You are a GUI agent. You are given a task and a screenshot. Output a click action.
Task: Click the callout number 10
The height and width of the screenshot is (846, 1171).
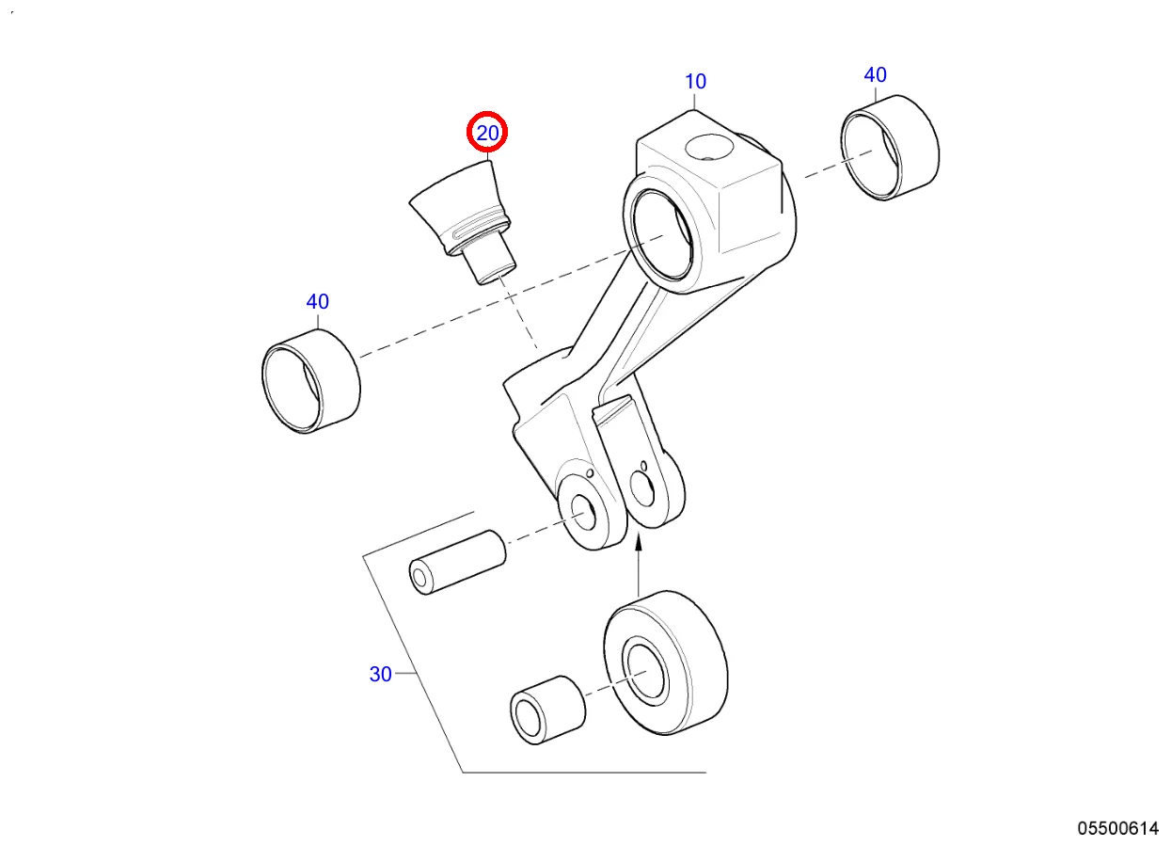point(695,82)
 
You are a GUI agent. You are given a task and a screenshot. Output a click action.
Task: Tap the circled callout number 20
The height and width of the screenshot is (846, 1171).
point(487,133)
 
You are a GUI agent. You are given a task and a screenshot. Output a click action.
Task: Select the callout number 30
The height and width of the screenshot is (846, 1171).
point(380,675)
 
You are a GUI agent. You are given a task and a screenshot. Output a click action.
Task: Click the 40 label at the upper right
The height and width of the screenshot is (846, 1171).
point(875,75)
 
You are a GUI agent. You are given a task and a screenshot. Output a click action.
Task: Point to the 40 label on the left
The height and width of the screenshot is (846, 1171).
point(317,301)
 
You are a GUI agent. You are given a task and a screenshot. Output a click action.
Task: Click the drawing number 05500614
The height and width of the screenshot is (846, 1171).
point(1117,829)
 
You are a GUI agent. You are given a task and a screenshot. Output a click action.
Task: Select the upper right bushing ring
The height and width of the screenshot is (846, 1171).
point(890,148)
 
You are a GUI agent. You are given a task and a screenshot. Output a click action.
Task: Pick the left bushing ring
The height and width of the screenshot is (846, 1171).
point(310,381)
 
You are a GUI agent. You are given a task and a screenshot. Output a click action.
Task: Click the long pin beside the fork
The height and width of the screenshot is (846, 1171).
point(457,563)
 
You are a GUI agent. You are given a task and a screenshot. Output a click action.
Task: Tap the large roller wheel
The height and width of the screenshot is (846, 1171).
point(666,662)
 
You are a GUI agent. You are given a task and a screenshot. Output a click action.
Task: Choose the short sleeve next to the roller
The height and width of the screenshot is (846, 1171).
point(547,710)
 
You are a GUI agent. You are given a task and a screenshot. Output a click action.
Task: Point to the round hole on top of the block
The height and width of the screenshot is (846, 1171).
point(709,148)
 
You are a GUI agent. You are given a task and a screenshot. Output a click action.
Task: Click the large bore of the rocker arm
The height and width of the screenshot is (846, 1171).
point(662,234)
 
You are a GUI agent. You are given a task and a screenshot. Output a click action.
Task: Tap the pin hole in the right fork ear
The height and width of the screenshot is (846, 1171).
point(642,488)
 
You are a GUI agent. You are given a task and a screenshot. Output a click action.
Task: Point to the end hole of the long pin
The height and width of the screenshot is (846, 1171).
point(419,578)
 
